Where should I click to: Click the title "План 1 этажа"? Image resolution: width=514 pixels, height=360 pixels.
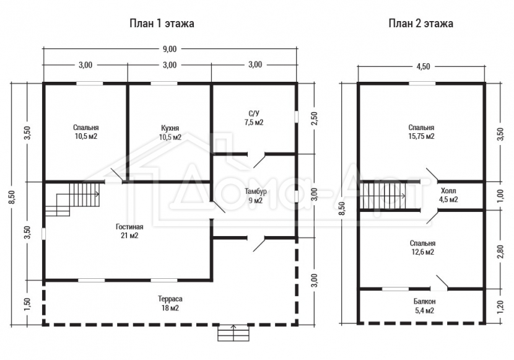click(x=162, y=24)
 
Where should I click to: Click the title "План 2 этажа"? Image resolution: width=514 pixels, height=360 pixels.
click(x=421, y=24)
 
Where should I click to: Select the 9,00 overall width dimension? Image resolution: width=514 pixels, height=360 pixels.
click(x=170, y=49)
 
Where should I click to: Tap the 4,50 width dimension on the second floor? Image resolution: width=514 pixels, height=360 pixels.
click(x=423, y=66)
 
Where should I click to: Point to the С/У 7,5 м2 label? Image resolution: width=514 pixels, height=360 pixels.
click(x=254, y=118)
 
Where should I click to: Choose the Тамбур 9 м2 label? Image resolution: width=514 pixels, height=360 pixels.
click(x=255, y=196)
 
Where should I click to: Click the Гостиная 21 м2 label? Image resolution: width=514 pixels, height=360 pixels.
click(x=129, y=231)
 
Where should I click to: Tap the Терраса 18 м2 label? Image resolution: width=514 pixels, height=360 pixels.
click(x=170, y=303)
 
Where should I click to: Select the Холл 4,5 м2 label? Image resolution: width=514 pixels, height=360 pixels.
click(x=448, y=195)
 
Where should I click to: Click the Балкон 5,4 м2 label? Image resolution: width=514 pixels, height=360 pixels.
click(x=424, y=306)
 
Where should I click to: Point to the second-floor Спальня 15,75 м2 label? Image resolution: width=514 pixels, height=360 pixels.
click(x=421, y=132)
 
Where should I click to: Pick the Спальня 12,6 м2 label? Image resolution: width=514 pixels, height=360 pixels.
click(x=422, y=248)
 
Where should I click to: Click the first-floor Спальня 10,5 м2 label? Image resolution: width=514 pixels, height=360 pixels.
click(x=86, y=132)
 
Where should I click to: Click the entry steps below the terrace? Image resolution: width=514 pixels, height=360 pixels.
click(x=233, y=333)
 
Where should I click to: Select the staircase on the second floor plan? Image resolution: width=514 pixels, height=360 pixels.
click(x=383, y=196)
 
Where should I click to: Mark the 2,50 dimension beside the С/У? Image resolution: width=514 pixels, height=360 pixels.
click(x=314, y=119)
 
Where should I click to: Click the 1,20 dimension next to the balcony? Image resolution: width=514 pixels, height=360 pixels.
click(x=500, y=307)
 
